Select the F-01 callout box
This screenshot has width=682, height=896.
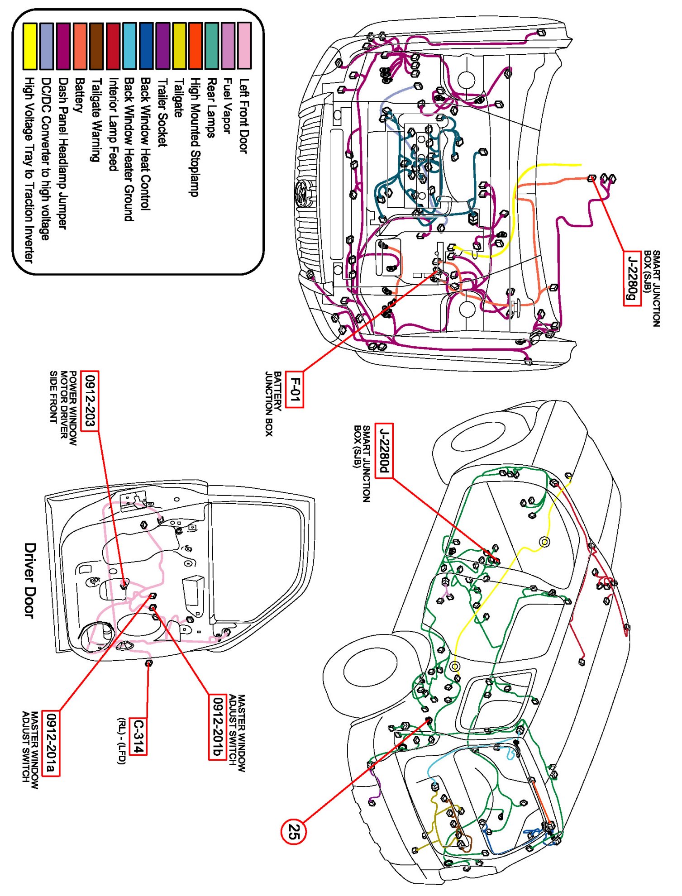tap(294, 389)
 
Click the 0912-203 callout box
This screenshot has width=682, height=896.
tap(90, 401)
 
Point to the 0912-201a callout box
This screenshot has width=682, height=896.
tap(51, 743)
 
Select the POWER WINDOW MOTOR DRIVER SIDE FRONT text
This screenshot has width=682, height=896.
tap(63, 408)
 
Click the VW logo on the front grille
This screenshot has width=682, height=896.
tap(300, 194)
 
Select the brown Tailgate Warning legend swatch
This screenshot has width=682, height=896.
tap(96, 47)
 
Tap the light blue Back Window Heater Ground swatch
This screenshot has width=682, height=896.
tap(129, 47)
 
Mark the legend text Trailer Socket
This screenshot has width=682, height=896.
tap(162, 112)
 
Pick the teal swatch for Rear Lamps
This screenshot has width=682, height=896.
tap(211, 47)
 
